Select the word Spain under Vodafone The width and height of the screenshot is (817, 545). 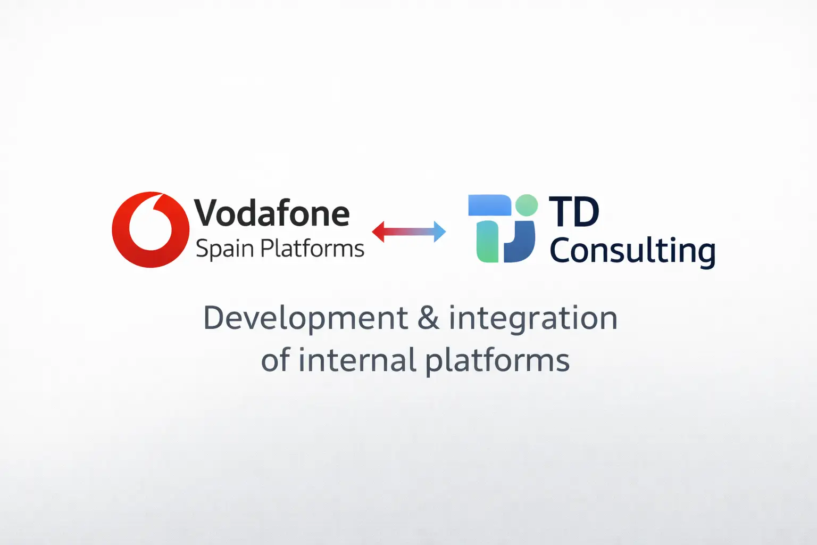tap(224, 249)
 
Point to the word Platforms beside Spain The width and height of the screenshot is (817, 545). tap(313, 249)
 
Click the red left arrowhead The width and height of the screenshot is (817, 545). tap(379, 232)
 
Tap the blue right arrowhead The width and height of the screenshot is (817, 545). tap(439, 232)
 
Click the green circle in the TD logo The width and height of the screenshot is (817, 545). tap(527, 205)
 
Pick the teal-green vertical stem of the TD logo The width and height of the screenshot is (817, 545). tap(487, 242)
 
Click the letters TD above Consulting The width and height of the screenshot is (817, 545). tap(574, 212)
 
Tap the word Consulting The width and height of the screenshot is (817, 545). tap(632, 251)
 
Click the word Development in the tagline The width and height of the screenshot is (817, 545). tap(305, 318)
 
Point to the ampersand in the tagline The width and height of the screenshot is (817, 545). tap(428, 318)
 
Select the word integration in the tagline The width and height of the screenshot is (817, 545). tap(533, 319)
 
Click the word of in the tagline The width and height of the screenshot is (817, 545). tap(274, 360)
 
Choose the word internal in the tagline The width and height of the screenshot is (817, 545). tap(357, 360)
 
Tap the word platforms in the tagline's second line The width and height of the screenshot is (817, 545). tap(497, 361)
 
